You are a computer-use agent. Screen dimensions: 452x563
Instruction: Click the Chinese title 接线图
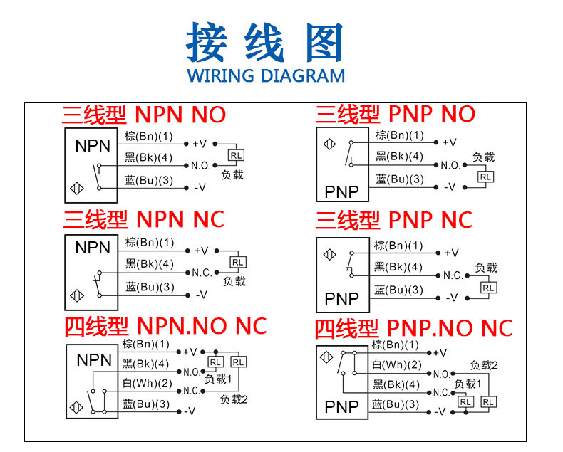tap(265, 43)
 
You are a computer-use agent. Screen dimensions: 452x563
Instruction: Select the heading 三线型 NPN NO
tap(144, 115)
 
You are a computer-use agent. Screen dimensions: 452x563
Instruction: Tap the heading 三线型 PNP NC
tap(394, 220)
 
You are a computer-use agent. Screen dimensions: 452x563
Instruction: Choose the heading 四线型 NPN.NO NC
tap(165, 326)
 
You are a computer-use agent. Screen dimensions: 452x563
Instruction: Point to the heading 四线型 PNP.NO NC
tap(414, 328)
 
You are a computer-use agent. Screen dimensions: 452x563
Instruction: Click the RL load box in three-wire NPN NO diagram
tap(234, 154)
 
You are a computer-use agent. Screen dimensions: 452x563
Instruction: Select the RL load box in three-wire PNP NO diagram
tap(485, 176)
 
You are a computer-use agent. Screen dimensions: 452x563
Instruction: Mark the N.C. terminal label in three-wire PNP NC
tap(453, 275)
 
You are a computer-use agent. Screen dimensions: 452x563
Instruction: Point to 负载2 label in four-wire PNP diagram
tap(483, 365)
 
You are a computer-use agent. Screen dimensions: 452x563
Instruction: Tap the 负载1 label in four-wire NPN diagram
tap(219, 379)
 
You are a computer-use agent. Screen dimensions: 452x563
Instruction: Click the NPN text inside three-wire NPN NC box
tap(93, 248)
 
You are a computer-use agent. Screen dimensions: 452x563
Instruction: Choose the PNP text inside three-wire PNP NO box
tap(342, 191)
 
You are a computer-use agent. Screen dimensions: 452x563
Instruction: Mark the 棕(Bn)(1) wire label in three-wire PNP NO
tap(399, 135)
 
